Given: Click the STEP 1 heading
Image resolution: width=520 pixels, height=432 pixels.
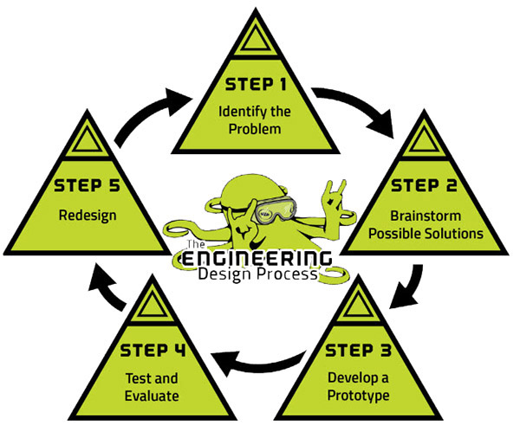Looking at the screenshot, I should [x=258, y=84].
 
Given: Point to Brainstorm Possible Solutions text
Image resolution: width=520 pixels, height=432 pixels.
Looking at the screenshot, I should [x=433, y=224].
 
